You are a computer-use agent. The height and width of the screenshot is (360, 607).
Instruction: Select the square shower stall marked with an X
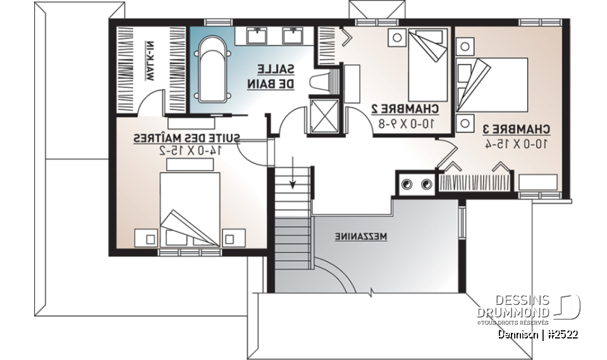tap(324, 115)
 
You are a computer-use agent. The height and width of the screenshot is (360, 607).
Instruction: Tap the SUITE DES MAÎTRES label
tap(187, 137)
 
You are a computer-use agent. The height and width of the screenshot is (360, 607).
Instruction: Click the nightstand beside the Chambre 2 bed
tap(397, 37)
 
